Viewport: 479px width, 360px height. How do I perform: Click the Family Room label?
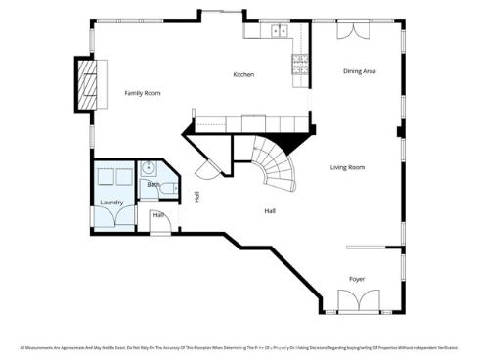click(142, 93)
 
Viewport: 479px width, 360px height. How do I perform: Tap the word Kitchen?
click(243, 75)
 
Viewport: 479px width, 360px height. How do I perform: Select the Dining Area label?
click(359, 71)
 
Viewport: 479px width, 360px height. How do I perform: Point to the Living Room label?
click(347, 167)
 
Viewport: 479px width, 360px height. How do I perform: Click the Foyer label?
click(357, 279)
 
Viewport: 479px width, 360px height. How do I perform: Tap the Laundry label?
click(110, 202)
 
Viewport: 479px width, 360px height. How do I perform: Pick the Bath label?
click(153, 184)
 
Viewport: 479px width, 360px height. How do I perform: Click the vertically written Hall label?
click(197, 196)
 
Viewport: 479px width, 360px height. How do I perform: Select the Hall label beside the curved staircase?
click(270, 210)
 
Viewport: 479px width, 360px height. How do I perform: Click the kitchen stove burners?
click(299, 67)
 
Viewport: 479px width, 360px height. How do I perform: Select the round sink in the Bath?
click(146, 167)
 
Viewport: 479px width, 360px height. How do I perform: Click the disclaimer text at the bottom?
click(239, 347)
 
